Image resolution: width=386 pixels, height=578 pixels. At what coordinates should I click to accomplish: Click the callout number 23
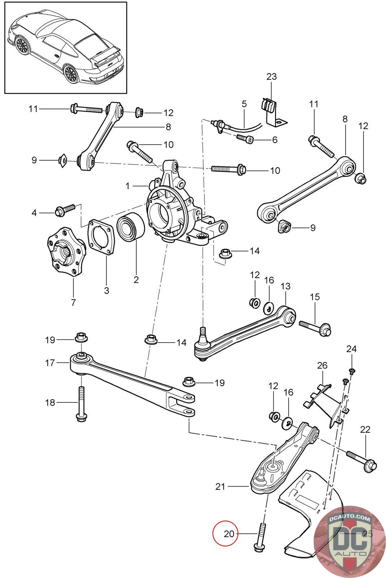pyautogui.click(x=271, y=77)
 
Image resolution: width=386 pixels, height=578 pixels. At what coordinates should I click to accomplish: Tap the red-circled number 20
pyautogui.click(x=229, y=534)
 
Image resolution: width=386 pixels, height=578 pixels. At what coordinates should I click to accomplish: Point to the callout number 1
pyautogui.click(x=127, y=186)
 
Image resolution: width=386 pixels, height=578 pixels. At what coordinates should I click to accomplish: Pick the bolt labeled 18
pyautogui.click(x=82, y=404)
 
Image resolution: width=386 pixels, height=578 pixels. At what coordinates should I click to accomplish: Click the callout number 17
pyautogui.click(x=50, y=363)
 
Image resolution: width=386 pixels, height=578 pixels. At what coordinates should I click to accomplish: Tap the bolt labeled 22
pyautogui.click(x=361, y=461)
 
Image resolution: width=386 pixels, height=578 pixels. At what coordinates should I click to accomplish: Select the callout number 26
pyautogui.click(x=322, y=365)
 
